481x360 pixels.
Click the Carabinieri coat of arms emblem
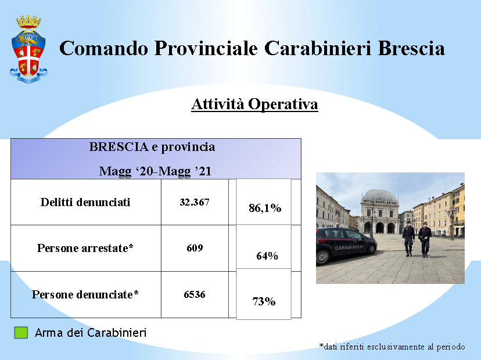click(28, 49)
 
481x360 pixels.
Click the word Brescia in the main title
click(411, 48)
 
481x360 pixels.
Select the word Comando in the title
click(103, 48)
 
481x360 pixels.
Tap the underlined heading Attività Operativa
click(254, 105)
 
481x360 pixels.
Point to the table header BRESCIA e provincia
click(152, 147)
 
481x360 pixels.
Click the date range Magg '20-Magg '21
click(155, 171)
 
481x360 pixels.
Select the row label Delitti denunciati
click(85, 203)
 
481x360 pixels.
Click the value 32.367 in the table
click(195, 203)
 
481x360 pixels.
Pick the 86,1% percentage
click(265, 208)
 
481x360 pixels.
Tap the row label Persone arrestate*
click(85, 248)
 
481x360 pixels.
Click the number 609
click(195, 248)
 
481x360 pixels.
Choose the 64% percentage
click(267, 255)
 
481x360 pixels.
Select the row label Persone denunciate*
click(85, 295)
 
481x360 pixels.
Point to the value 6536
click(195, 295)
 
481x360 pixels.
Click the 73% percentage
click(264, 301)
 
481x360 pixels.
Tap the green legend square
click(21, 333)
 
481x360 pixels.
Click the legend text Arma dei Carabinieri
click(91, 333)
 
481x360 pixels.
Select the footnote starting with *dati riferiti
click(392, 347)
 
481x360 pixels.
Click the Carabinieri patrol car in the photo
click(346, 245)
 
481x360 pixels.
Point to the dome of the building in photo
click(380, 195)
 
